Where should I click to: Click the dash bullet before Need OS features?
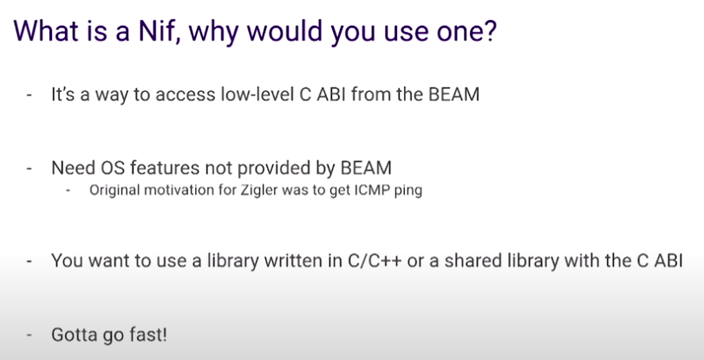point(29,167)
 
